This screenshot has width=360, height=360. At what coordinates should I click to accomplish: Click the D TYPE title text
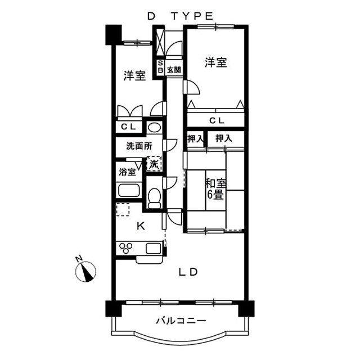click(x=180, y=17)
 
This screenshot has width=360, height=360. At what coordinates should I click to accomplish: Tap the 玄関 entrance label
click(x=174, y=70)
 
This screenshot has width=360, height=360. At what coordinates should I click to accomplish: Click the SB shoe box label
click(x=160, y=67)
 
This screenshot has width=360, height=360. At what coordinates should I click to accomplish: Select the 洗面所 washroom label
click(x=138, y=146)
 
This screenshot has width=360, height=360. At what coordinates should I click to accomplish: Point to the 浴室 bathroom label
click(x=127, y=173)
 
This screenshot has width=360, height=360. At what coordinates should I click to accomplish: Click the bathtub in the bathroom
click(x=129, y=190)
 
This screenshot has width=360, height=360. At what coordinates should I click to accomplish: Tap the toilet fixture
click(x=154, y=197)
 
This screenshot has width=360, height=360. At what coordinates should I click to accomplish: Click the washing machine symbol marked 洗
click(x=154, y=164)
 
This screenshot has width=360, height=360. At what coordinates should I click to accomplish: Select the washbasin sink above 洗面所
click(x=154, y=127)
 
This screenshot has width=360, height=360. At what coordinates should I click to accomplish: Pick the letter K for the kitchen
click(x=141, y=226)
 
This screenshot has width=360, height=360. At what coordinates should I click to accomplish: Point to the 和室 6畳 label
click(x=215, y=189)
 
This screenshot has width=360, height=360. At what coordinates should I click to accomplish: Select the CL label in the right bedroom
click(x=216, y=120)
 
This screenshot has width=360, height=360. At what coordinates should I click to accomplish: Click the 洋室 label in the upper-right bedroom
click(x=216, y=63)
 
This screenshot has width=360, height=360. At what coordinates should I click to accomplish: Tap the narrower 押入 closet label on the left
click(x=195, y=138)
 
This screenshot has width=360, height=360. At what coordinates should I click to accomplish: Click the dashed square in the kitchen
click(x=123, y=210)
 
